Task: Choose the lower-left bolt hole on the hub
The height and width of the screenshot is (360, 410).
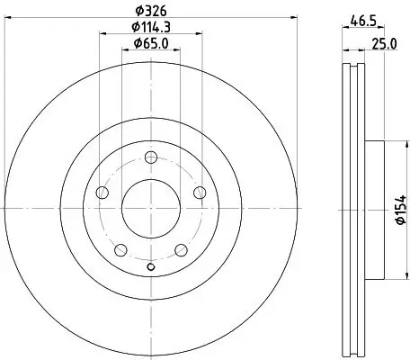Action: pos(120,249)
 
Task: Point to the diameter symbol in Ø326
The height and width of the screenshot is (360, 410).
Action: pos(137,12)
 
